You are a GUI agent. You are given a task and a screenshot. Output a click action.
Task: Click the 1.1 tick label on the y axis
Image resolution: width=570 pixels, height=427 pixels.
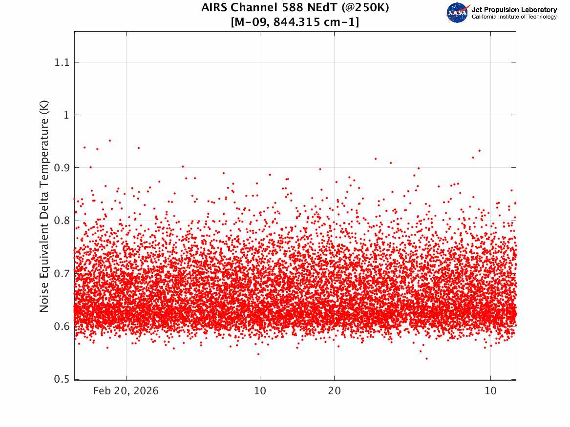62,62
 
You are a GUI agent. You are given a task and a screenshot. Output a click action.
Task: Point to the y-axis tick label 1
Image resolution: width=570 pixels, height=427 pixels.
66,115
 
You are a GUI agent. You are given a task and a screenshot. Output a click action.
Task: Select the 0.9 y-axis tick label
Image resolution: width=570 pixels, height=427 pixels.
62,168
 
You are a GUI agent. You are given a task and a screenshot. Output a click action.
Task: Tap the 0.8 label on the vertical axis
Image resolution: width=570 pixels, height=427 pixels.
62,221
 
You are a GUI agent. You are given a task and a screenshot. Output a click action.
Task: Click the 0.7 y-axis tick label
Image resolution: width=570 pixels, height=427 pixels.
62,273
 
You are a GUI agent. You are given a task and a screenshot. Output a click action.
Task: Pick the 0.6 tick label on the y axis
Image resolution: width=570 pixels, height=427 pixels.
62,326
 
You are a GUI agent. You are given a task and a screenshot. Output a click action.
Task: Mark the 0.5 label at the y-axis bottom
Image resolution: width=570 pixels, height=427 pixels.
62,379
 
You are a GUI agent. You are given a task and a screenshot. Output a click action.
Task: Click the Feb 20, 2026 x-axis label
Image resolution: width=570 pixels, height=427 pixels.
126,391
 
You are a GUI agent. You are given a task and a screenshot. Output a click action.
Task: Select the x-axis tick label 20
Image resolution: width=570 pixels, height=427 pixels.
335,391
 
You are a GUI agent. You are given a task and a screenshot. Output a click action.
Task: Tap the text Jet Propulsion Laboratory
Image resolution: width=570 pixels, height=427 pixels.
514,10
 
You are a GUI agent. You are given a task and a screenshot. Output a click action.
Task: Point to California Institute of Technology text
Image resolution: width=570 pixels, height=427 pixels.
514,17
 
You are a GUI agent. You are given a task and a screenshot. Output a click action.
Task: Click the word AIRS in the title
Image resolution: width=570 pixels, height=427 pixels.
214,7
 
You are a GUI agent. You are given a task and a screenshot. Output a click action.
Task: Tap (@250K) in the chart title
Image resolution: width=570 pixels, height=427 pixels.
365,8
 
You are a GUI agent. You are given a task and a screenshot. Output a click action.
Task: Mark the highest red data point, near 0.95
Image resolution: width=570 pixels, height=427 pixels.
110,141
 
